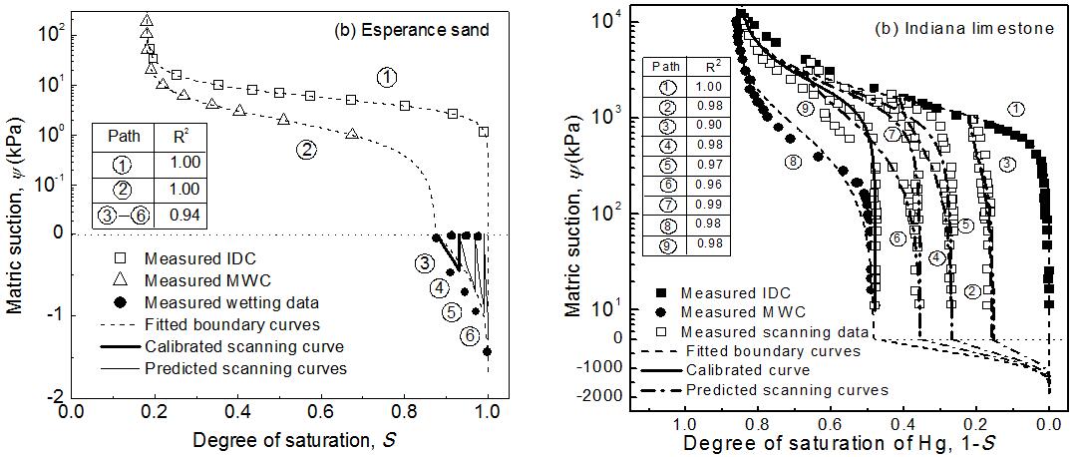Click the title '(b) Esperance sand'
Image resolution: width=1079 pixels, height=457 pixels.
pyautogui.click(x=411, y=30)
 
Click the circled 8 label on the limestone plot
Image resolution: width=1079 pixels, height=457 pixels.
pyautogui.click(x=794, y=162)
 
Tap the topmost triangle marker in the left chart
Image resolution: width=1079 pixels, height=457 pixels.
pyautogui.click(x=147, y=19)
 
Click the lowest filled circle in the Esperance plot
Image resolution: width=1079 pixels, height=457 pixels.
pyautogui.click(x=487, y=351)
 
